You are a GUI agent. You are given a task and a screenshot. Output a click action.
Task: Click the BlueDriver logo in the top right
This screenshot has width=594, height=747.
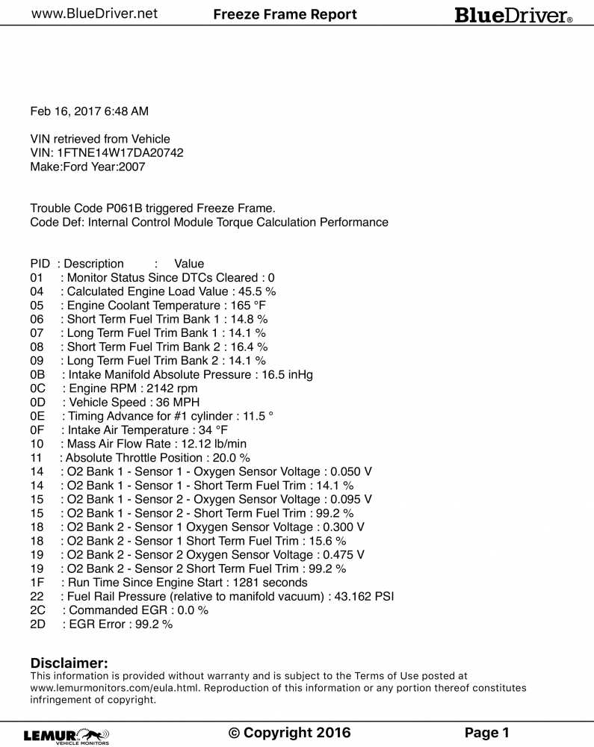click(x=513, y=15)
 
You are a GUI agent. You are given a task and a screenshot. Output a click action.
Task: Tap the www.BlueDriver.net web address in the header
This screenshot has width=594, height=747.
click(x=94, y=13)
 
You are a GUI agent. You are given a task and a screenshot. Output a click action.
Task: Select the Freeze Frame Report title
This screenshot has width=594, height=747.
click(x=285, y=14)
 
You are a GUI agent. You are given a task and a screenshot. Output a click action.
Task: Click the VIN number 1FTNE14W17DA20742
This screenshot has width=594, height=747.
click(x=120, y=152)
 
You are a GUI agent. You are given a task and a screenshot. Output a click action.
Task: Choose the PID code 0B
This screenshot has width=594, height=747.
click(x=38, y=374)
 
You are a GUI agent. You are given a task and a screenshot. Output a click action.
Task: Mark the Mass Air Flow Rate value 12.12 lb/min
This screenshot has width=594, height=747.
click(x=220, y=444)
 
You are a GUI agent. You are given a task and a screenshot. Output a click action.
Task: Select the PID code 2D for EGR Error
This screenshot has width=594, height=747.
click(x=38, y=624)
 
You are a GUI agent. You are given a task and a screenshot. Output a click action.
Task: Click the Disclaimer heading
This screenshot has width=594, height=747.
click(x=69, y=663)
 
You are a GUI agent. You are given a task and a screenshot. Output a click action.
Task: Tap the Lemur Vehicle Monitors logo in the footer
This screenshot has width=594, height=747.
click(x=66, y=735)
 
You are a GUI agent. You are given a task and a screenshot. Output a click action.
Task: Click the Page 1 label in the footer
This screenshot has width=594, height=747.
click(x=486, y=733)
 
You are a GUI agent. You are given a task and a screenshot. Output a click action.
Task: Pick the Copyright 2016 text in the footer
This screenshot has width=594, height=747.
click(x=289, y=733)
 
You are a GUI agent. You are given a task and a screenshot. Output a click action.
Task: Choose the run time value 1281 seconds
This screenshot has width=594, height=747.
click(x=270, y=582)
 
